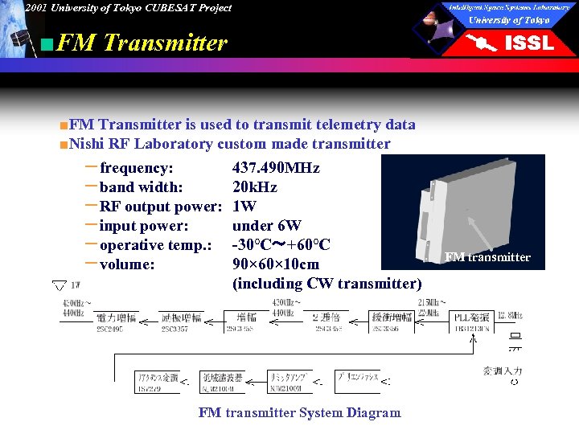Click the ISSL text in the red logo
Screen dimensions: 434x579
click(528, 43)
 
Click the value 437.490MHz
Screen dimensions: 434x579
click(276, 168)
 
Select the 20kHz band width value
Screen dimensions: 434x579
click(254, 187)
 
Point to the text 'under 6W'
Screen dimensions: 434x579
click(266, 226)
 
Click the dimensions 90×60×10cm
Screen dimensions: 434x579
click(275, 264)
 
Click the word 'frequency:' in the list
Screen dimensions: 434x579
click(136, 168)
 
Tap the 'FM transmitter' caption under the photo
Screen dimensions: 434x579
click(487, 257)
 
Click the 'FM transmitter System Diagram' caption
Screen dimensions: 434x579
click(299, 412)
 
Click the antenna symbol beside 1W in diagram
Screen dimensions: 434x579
click(59, 285)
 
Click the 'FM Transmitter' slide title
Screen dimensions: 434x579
click(142, 43)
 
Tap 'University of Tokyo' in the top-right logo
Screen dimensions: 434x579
click(509, 20)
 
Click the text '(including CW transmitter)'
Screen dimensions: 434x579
click(326, 284)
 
